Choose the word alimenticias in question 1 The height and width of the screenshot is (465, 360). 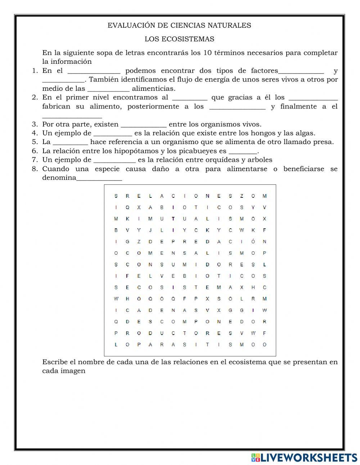click(154, 89)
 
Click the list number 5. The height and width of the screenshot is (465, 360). click(35, 142)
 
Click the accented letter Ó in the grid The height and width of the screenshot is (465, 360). click(253, 242)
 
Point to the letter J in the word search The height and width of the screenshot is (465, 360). click(150, 230)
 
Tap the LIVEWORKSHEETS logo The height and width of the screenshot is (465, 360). click(304, 457)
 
